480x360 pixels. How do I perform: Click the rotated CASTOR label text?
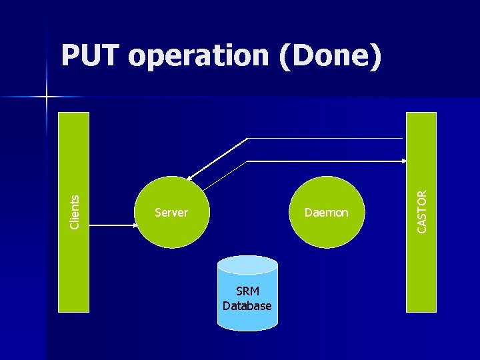pyautogui.click(x=422, y=211)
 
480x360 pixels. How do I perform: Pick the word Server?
pyautogui.click(x=171, y=213)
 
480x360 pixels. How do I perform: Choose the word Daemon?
pyautogui.click(x=326, y=213)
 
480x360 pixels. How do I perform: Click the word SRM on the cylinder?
pyautogui.click(x=247, y=292)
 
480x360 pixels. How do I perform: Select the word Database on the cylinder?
pyautogui.click(x=247, y=306)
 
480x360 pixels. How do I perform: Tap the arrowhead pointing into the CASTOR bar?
pyautogui.click(x=404, y=161)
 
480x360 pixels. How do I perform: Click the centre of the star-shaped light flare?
pyautogui.click(x=47, y=97)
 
